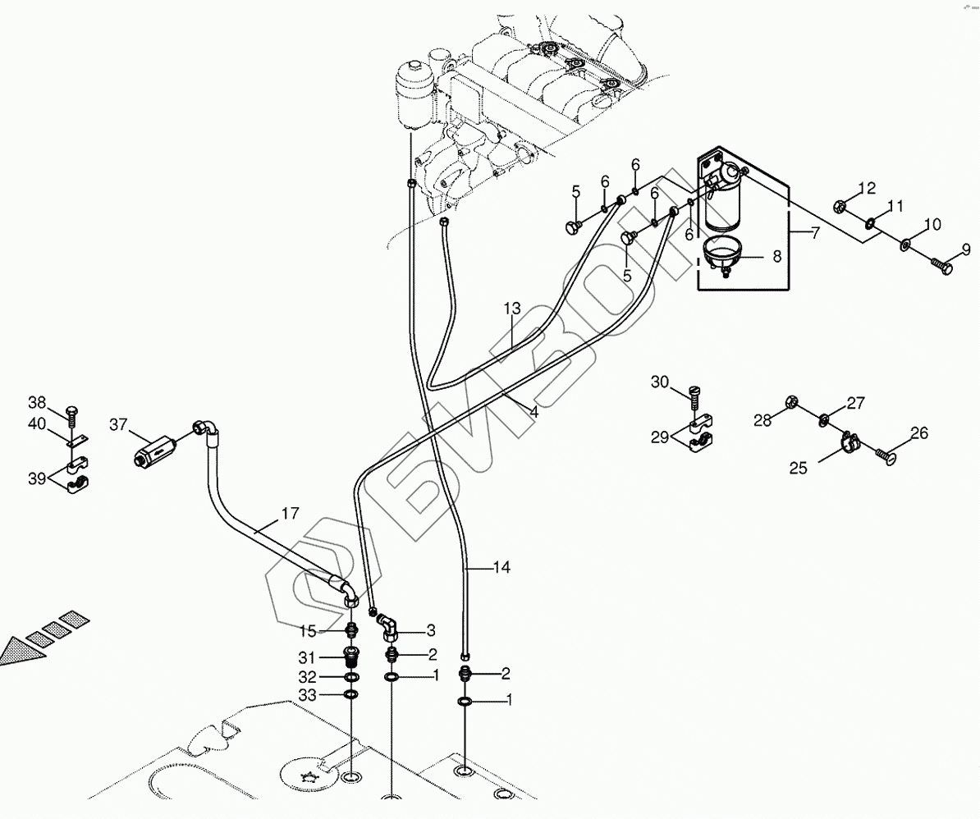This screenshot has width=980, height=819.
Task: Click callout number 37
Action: pyautogui.click(x=118, y=424)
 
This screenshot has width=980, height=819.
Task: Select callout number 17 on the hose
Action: pyautogui.click(x=289, y=515)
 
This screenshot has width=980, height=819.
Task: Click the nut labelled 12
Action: pyautogui.click(x=840, y=205)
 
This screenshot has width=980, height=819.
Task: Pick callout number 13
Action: pyautogui.click(x=512, y=309)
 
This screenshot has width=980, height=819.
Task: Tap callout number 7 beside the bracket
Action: pyautogui.click(x=814, y=233)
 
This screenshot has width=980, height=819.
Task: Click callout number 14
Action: pyautogui.click(x=501, y=567)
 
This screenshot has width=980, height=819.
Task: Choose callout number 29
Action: pyautogui.click(x=661, y=437)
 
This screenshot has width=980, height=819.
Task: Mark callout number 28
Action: pyautogui.click(x=763, y=421)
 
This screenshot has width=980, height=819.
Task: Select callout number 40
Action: pyautogui.click(x=38, y=423)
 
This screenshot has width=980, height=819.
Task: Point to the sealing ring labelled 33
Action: pyautogui.click(x=351, y=695)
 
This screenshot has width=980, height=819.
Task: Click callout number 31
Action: pyautogui.click(x=306, y=657)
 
